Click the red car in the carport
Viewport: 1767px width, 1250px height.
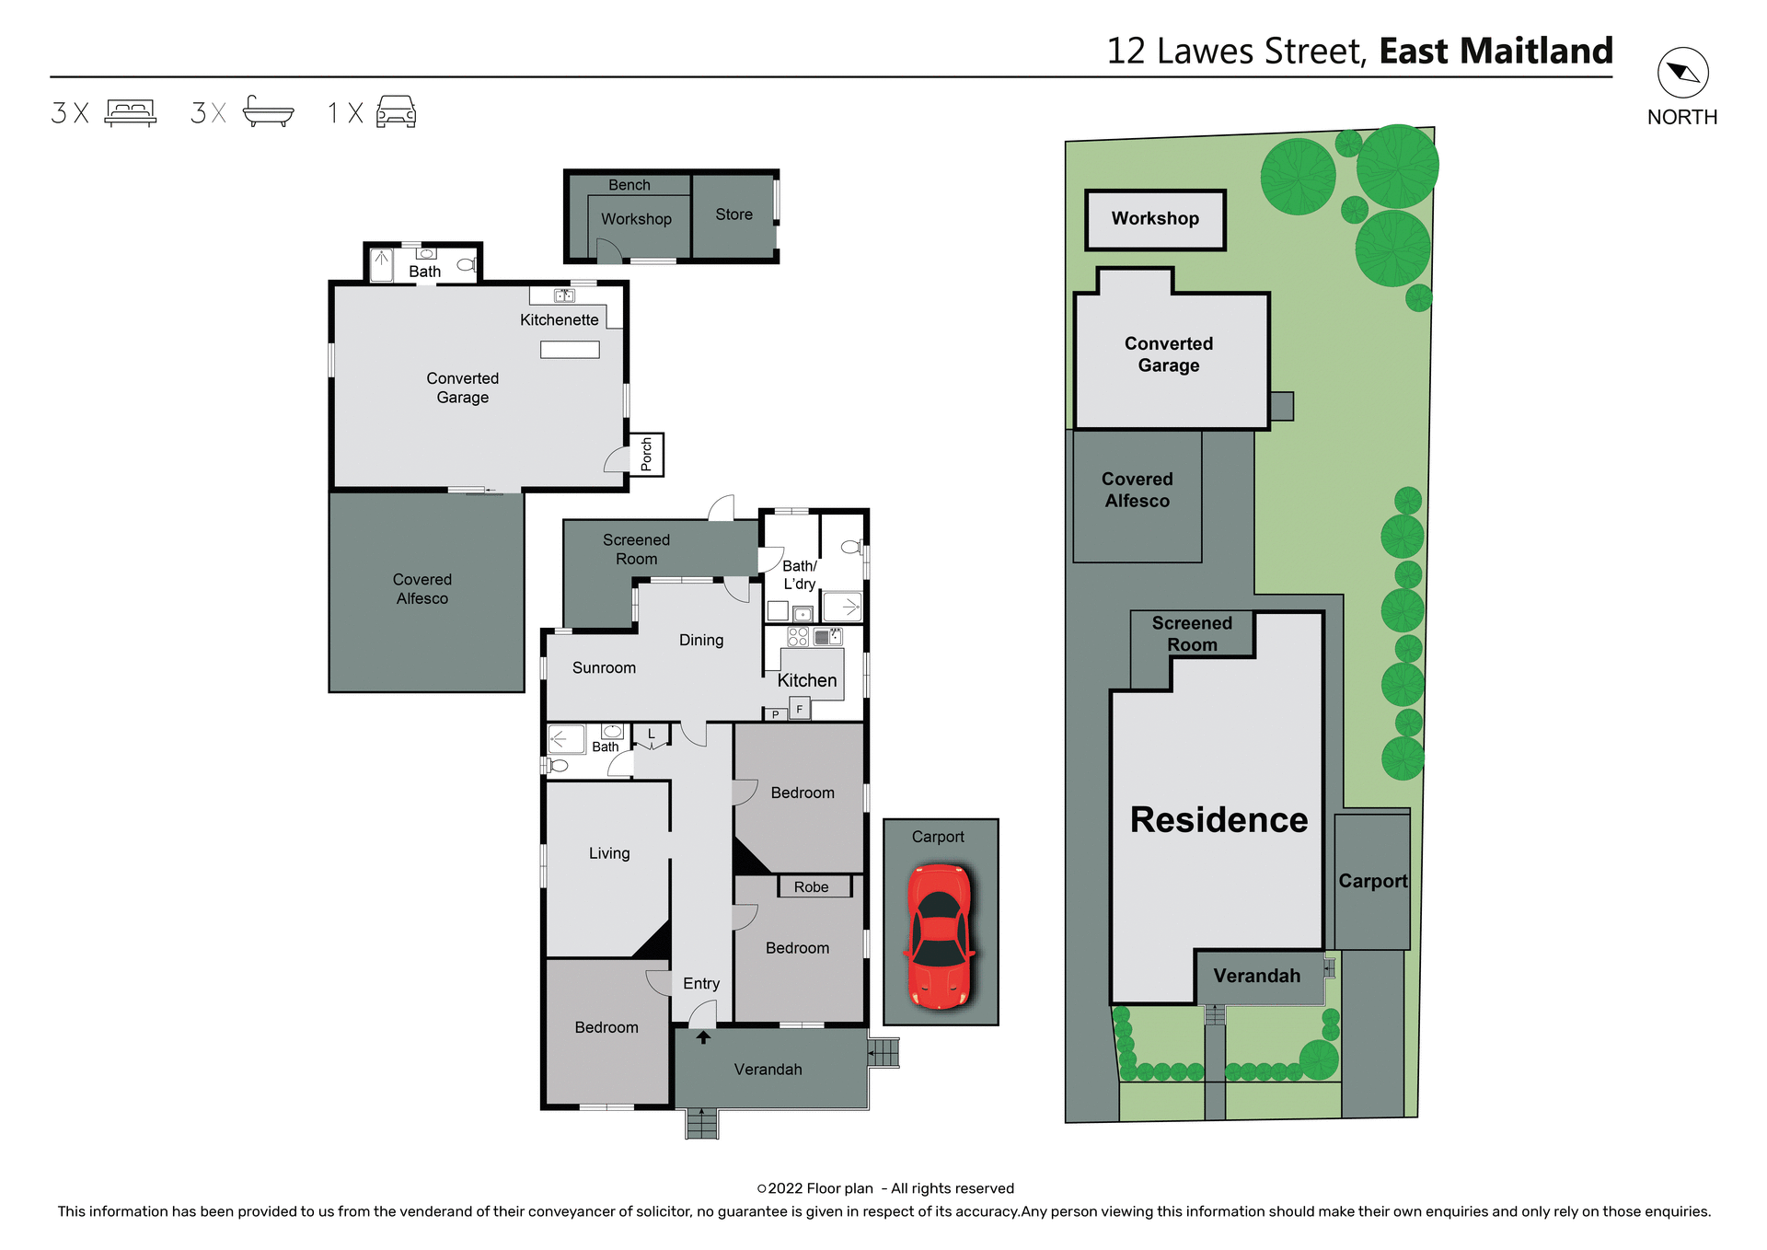940,936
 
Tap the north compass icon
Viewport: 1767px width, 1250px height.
1682,74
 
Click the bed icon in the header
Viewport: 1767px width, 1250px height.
130,112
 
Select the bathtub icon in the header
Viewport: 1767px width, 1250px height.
268,112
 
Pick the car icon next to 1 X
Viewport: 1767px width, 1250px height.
397,112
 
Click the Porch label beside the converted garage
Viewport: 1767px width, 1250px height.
646,455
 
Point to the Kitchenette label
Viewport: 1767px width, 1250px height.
559,320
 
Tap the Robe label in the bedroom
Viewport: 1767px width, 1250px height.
811,887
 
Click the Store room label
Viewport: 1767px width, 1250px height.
733,214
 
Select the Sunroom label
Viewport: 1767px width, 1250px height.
604,668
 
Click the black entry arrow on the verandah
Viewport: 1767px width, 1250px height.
703,1037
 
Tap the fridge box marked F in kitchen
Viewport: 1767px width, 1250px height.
800,709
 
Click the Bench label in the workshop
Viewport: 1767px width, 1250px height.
629,185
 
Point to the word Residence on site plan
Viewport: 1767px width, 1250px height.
1218,819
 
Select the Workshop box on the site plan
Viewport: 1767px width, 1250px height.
1155,219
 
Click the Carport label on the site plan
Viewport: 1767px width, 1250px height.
1372,881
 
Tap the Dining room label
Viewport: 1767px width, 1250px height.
701,641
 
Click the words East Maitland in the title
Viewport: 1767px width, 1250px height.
1496,52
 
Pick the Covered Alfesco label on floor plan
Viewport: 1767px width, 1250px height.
422,589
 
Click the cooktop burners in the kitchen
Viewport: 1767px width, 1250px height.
798,637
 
